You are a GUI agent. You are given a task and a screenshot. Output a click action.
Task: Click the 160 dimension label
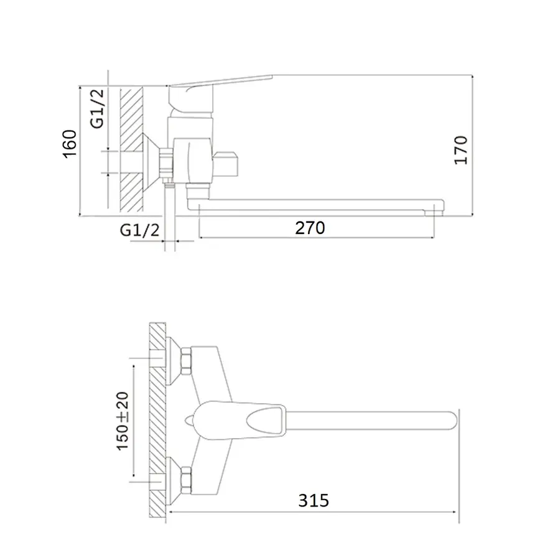(x=69, y=144)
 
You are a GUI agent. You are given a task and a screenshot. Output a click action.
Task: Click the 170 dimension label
(x=460, y=149)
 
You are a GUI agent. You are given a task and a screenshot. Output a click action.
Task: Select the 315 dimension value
(x=312, y=500)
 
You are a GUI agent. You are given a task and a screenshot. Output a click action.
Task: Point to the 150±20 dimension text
(x=122, y=422)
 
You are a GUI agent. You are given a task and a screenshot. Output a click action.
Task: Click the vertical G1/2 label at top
(x=98, y=108)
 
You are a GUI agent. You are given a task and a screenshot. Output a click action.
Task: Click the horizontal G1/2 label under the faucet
(x=139, y=230)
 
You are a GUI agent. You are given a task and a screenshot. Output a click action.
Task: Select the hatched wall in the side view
(x=131, y=149)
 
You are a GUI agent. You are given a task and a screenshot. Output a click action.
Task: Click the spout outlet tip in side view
(x=437, y=208)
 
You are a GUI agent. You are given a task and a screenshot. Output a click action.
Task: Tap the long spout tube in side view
(x=311, y=205)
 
